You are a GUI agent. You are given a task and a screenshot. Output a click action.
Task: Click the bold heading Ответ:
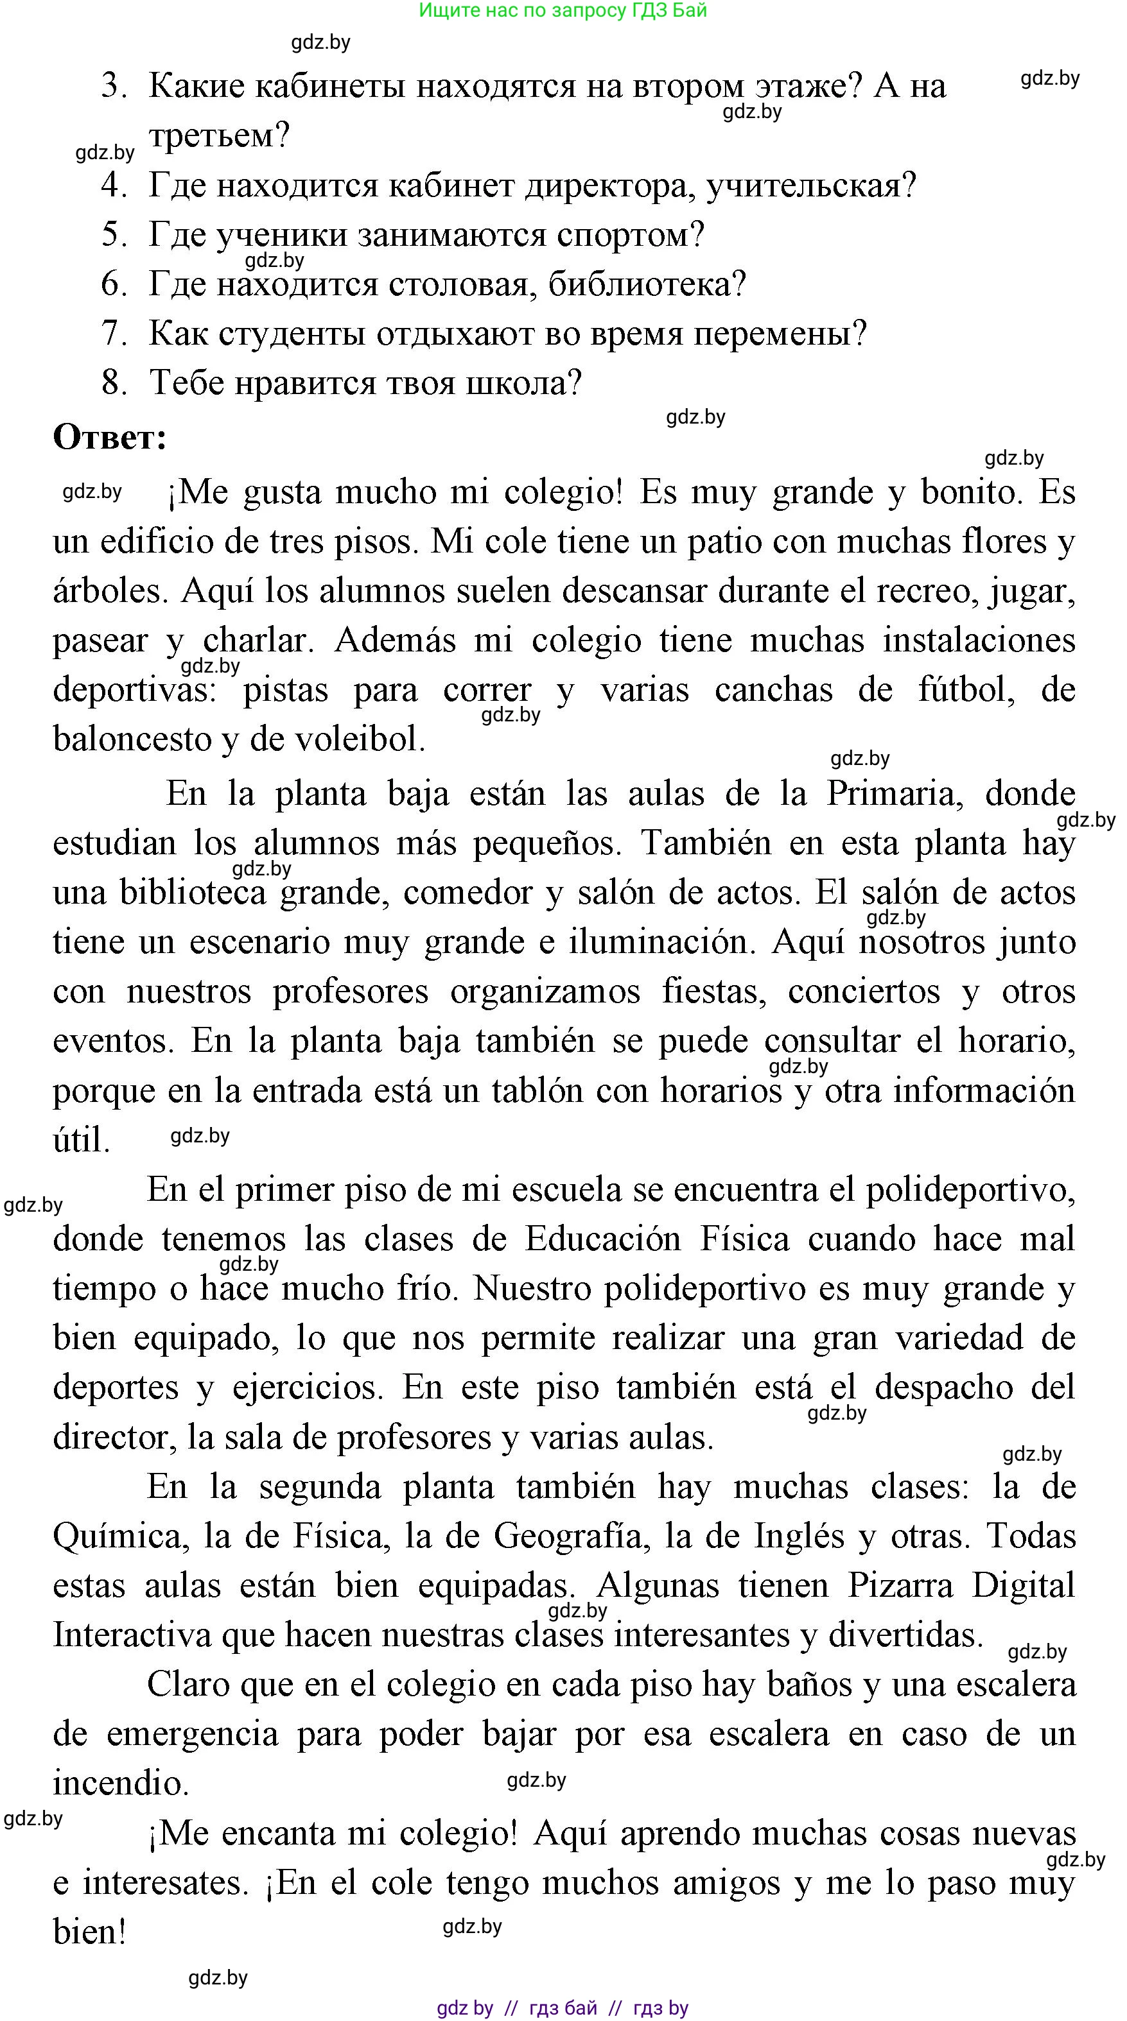(x=110, y=437)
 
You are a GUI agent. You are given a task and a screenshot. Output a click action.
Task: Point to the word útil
(x=81, y=1140)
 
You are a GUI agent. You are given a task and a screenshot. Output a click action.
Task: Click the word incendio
(x=120, y=1784)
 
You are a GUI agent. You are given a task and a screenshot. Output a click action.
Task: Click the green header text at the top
(x=563, y=10)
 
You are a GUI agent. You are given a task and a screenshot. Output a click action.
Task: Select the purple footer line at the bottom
(x=563, y=2008)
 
